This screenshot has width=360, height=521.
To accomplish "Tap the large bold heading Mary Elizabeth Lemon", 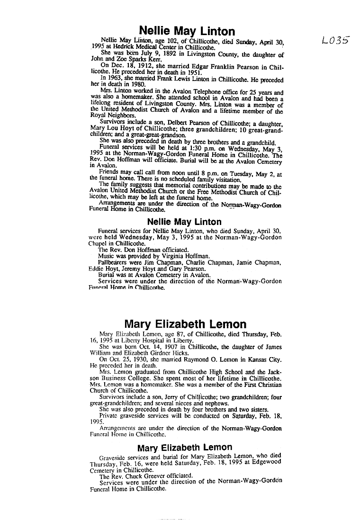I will click(185, 324).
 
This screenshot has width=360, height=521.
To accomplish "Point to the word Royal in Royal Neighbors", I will click(98, 115).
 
